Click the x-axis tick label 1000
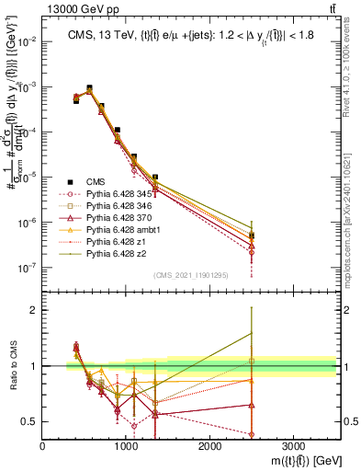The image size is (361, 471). pyautogui.click(x=126, y=444)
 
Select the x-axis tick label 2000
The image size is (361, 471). pyautogui.click(x=209, y=444)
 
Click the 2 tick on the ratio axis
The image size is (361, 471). pyautogui.click(x=36, y=310)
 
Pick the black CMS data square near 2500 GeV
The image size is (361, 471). pyautogui.click(x=252, y=235)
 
